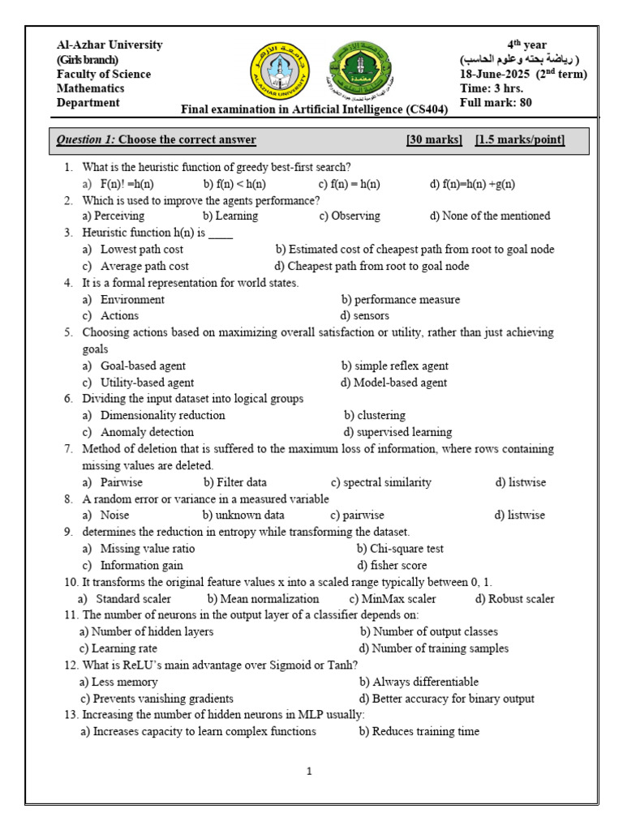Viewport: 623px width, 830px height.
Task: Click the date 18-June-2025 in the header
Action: coord(496,75)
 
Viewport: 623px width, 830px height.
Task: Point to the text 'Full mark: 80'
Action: coord(496,103)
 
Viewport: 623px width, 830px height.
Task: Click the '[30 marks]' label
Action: coord(434,140)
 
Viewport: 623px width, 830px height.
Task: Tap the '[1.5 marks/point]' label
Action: coord(520,140)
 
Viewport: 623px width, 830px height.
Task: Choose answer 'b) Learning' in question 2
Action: coord(230,216)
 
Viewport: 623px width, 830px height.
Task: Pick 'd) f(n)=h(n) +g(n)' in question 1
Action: coord(472,184)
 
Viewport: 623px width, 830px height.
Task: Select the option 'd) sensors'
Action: coord(365,316)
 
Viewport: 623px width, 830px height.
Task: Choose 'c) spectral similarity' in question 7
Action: coord(380,482)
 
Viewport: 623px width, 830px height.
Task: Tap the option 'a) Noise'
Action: coord(105,516)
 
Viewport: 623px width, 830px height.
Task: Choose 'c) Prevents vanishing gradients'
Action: coord(157,699)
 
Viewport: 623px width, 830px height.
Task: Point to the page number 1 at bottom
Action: coord(309,772)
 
